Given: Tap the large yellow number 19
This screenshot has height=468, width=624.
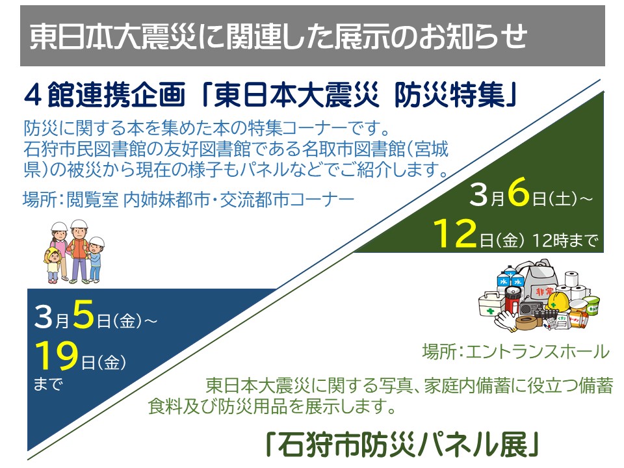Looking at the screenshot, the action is (x=57, y=356).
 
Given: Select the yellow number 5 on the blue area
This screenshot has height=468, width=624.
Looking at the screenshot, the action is (x=84, y=315).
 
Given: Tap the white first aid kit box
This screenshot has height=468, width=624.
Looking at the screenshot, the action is (x=492, y=304).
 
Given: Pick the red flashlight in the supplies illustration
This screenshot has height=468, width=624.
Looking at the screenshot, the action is (x=512, y=301).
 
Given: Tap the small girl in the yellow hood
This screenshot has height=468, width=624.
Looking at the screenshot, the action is (x=53, y=265).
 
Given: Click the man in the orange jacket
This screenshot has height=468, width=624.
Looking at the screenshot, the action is (x=79, y=251).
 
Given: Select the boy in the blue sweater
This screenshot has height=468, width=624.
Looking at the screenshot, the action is (x=96, y=259).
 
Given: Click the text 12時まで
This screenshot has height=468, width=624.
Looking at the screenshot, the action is (x=565, y=240).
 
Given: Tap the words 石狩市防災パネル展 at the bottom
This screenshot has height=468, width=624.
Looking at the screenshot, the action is (x=402, y=444).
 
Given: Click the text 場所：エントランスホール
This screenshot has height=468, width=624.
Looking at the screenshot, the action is (x=515, y=352).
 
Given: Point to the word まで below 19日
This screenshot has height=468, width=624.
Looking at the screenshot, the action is (x=48, y=384).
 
